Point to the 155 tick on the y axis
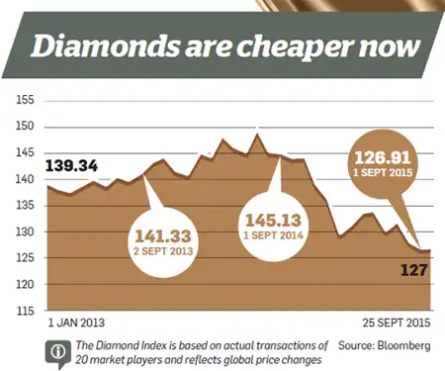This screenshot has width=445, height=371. coord(25,101)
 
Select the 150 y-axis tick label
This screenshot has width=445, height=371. coord(25,127)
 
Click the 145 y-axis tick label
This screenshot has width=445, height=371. coord(25,153)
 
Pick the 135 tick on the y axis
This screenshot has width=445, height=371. coord(25,206)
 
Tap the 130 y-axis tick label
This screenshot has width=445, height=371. coord(25,232)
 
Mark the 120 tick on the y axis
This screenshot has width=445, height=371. coord(25,285)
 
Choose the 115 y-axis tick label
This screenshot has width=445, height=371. coord(25,312)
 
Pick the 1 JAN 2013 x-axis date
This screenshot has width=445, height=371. coord(76,323)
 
